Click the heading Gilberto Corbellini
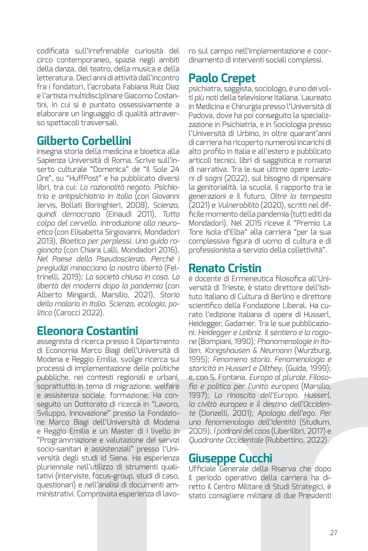click(84, 141)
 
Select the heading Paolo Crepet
click(222, 78)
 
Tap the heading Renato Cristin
click(225, 268)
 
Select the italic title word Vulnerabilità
click(238, 205)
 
